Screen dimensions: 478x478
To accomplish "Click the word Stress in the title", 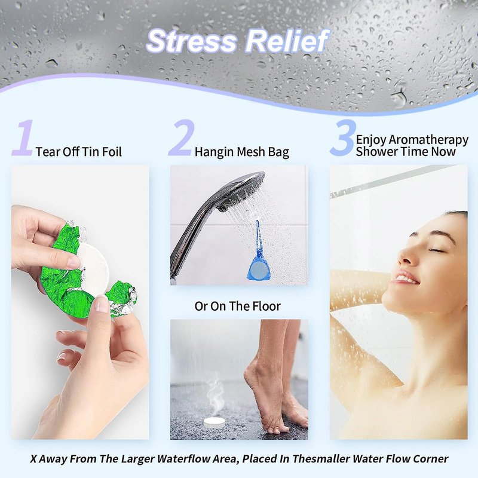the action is [192, 41].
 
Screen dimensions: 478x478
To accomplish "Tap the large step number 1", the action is [23, 138].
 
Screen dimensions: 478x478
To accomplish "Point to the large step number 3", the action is [343, 138].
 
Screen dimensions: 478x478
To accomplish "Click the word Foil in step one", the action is [112, 152].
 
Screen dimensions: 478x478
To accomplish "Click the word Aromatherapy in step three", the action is [428, 140].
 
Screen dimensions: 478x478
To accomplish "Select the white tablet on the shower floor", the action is [215, 422].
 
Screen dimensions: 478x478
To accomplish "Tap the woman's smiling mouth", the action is [405, 278].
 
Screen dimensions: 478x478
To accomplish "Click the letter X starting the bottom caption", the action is [33, 459].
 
